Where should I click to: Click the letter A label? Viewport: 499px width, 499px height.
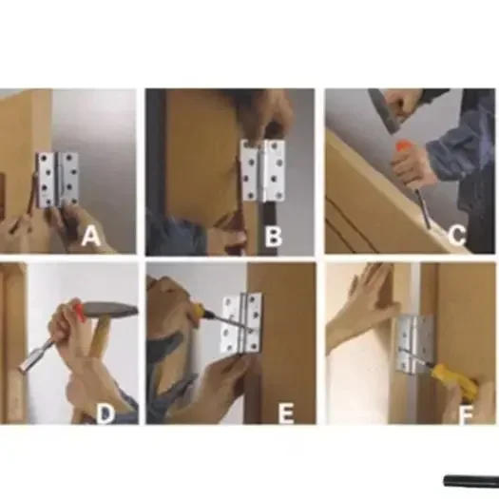coord(91,237)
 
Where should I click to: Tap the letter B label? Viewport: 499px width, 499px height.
coord(273,237)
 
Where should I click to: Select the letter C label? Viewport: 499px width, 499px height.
coord(457,234)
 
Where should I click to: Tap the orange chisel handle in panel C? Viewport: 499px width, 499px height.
coord(404,153)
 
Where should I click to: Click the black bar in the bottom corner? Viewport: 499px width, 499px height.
coord(470,481)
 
